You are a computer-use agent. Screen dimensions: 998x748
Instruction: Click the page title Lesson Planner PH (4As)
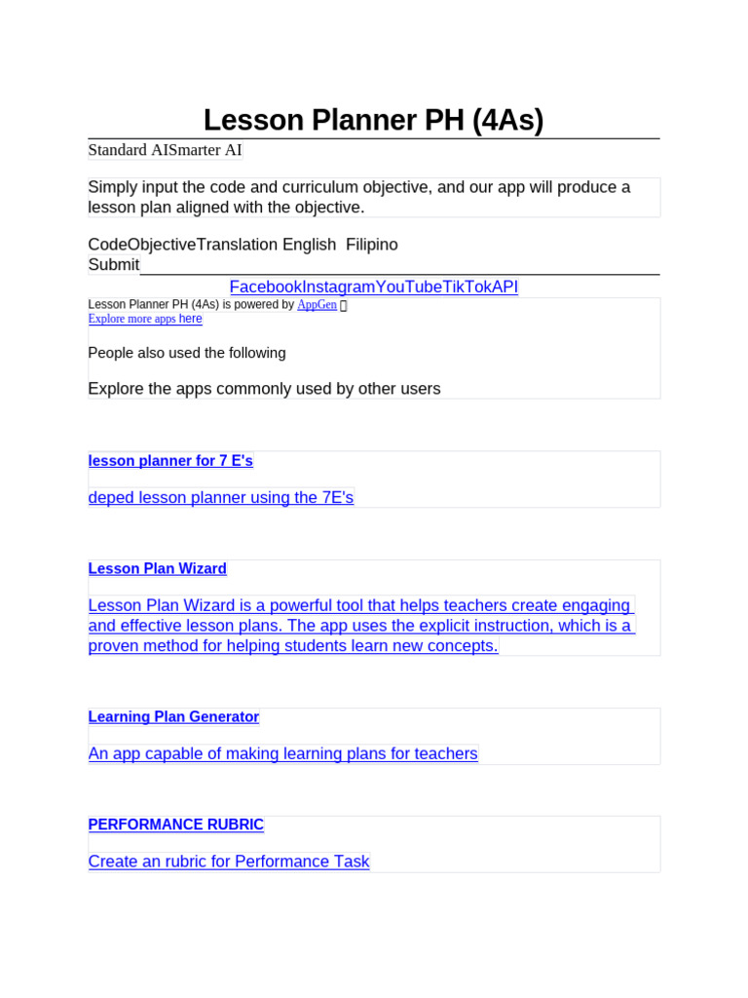click(x=373, y=120)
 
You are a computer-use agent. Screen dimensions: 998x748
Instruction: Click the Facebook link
click(x=265, y=287)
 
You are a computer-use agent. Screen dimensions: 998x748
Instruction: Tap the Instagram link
click(x=338, y=287)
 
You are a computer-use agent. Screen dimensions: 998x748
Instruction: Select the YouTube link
click(x=408, y=287)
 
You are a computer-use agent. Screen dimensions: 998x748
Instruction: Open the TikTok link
click(x=467, y=287)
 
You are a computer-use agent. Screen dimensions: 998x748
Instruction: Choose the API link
click(x=505, y=287)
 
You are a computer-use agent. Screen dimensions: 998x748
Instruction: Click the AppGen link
click(x=317, y=305)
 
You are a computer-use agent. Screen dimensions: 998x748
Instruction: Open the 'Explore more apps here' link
click(x=145, y=319)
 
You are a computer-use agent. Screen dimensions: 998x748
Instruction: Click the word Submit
click(x=114, y=265)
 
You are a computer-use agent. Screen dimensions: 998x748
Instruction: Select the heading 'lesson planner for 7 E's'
click(x=170, y=461)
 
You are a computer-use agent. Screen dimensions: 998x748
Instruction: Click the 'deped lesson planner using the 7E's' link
click(x=221, y=498)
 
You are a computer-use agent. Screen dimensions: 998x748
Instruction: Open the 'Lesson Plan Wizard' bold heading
click(x=158, y=569)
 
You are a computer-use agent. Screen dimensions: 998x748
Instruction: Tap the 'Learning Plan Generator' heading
click(x=173, y=717)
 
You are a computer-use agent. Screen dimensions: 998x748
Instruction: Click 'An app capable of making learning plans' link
click(x=282, y=753)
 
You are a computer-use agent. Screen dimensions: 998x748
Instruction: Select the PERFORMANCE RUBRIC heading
click(x=176, y=825)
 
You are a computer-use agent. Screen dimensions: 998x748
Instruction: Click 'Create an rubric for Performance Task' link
click(x=229, y=862)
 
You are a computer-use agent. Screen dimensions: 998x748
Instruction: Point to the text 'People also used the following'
click(x=187, y=353)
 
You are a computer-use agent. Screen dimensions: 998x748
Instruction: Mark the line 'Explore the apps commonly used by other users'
click(x=264, y=389)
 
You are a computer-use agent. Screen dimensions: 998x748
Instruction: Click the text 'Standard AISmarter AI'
click(x=165, y=150)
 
